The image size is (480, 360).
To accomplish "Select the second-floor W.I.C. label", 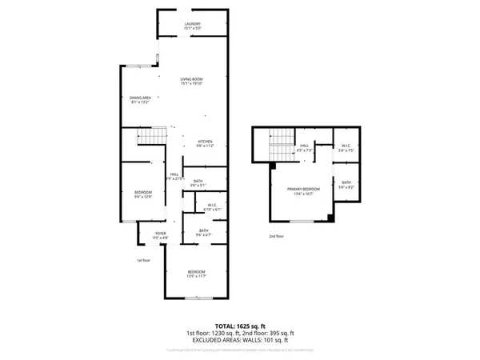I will (346, 148).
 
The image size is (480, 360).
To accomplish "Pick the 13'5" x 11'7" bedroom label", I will (197, 274).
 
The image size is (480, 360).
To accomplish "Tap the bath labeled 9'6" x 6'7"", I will (204, 233).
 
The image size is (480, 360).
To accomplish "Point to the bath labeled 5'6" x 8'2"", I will (346, 184).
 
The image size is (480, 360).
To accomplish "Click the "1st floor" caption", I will (143, 260).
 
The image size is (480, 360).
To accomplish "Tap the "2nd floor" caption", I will (277, 236).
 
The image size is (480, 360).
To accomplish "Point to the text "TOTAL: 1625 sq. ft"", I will (239, 326).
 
